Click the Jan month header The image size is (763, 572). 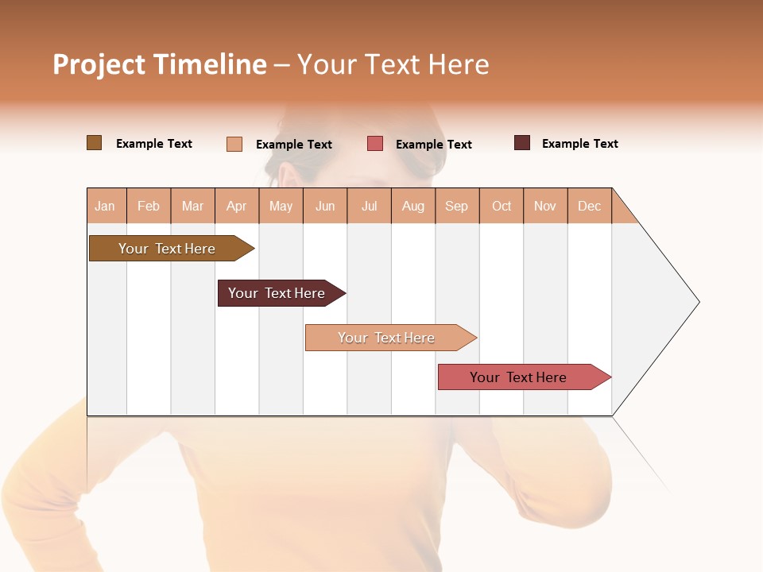pos(106,206)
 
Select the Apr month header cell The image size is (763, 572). pos(237,206)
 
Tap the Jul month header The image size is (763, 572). pos(369,206)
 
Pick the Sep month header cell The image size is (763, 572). pos(456,206)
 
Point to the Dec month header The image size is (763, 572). pos(589,206)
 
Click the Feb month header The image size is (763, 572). pos(149,206)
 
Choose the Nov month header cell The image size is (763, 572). pos(545,206)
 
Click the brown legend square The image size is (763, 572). pos(95,143)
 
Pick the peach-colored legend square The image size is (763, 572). pos(234,144)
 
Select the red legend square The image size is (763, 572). pos(375,144)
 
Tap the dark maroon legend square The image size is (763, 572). pos(522,143)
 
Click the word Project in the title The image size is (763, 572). pos(99,64)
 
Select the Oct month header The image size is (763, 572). pos(502,206)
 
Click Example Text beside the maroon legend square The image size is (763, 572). pos(579,144)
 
